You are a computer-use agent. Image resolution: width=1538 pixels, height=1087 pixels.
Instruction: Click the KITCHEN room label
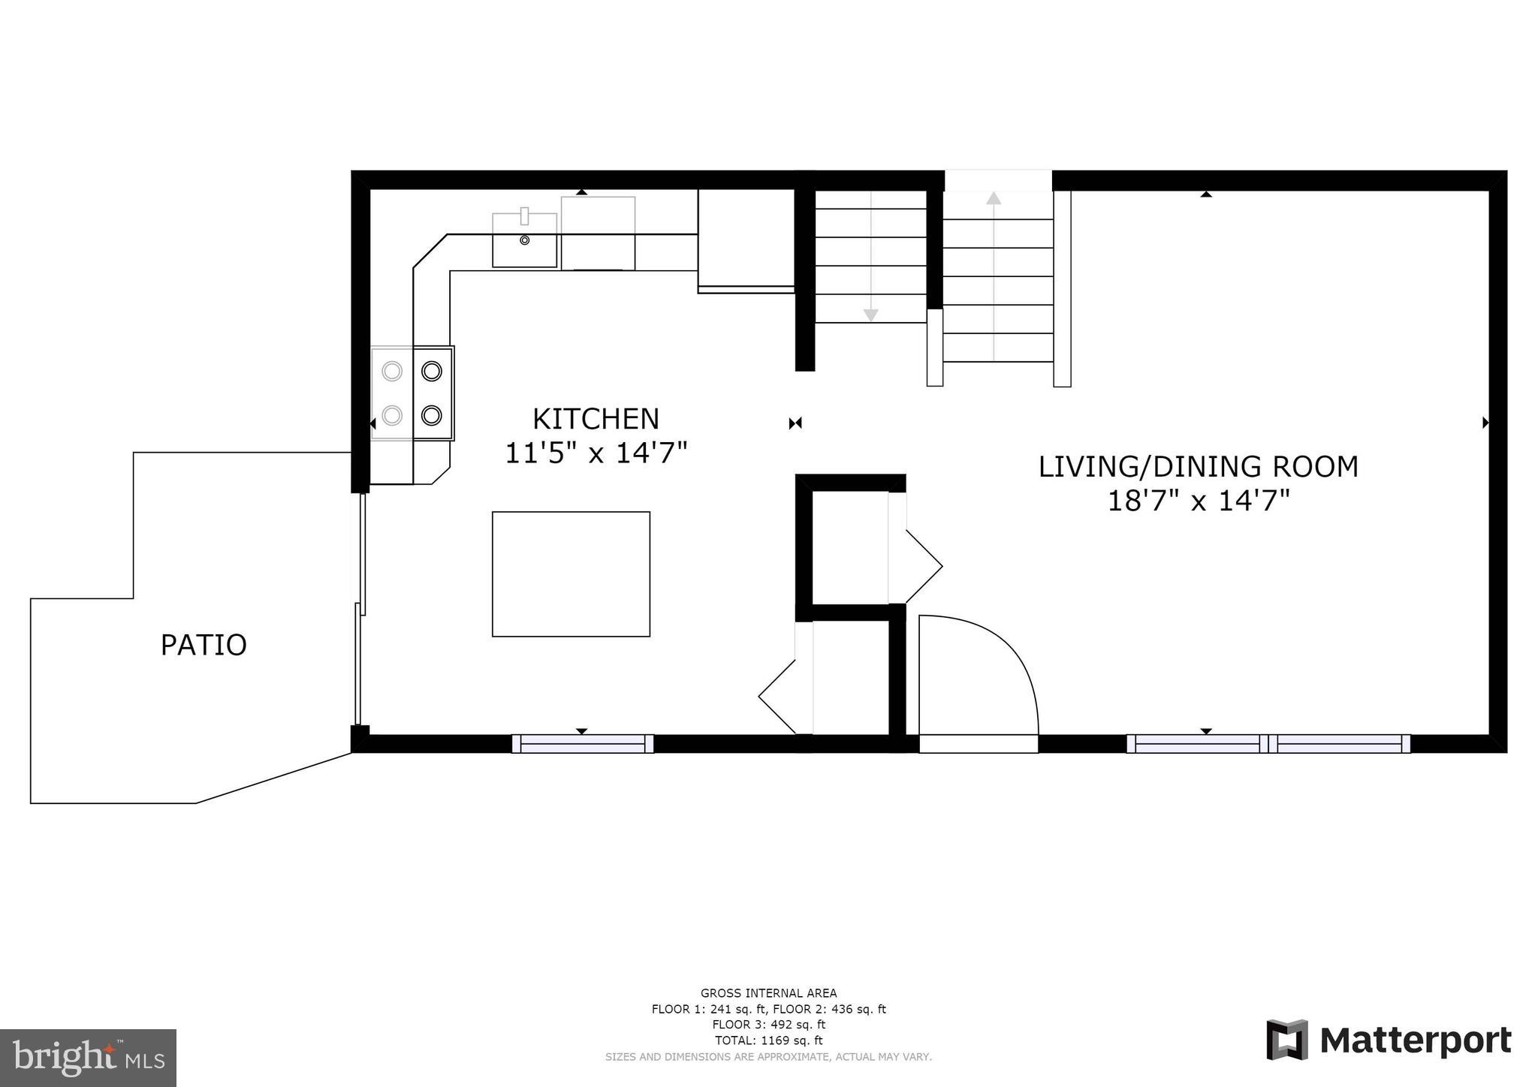tap(596, 418)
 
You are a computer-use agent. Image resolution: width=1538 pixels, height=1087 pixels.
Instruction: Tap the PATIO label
tap(204, 645)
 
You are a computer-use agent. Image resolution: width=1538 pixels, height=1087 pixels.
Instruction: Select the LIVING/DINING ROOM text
tap(1198, 466)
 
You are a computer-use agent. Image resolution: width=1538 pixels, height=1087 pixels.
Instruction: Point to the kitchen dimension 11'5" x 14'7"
tap(596, 453)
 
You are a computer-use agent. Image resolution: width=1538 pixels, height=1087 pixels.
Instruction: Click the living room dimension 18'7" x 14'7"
tap(1198, 501)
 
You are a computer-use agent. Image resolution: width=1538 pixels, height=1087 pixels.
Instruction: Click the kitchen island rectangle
tap(571, 574)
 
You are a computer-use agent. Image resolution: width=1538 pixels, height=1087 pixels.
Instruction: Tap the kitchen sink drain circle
tap(525, 240)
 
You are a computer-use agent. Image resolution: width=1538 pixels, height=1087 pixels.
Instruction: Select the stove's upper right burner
tap(431, 371)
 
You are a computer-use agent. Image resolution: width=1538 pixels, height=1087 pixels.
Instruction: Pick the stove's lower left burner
tap(392, 414)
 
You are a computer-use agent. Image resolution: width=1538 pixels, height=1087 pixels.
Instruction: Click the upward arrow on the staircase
tap(994, 199)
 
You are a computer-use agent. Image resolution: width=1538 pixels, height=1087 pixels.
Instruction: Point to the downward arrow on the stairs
tap(870, 315)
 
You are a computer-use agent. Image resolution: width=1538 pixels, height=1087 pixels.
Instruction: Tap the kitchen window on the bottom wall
tap(583, 743)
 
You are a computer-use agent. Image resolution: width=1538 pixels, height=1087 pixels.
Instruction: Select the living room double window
tap(1268, 743)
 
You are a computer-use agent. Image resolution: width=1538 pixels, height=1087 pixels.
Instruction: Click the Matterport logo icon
tap(1286, 1040)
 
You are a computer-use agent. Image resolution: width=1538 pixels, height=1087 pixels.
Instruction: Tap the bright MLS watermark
tap(88, 1058)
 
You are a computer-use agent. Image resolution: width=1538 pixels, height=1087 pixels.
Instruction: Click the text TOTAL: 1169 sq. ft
tap(768, 1040)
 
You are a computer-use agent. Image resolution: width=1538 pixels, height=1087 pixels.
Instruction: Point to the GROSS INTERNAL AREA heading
tap(768, 993)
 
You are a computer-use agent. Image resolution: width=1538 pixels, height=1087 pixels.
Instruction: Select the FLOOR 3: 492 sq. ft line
tap(768, 1025)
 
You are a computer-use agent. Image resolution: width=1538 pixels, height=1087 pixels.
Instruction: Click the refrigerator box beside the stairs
tap(746, 239)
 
